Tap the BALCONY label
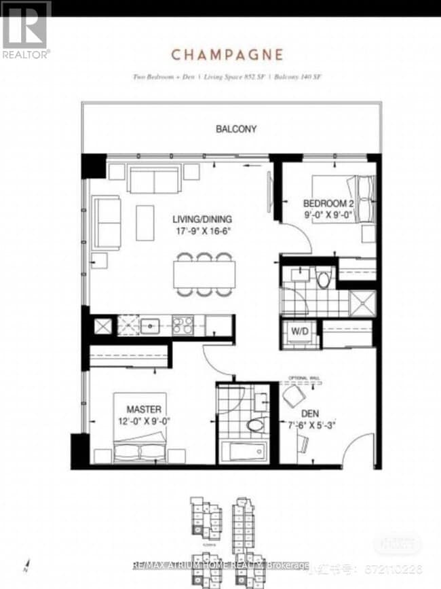tap(236, 128)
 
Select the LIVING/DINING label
tap(202, 219)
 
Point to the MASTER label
tap(143, 409)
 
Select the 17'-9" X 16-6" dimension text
tap(202, 232)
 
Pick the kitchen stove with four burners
tap(183, 324)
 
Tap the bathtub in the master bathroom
tap(242, 452)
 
